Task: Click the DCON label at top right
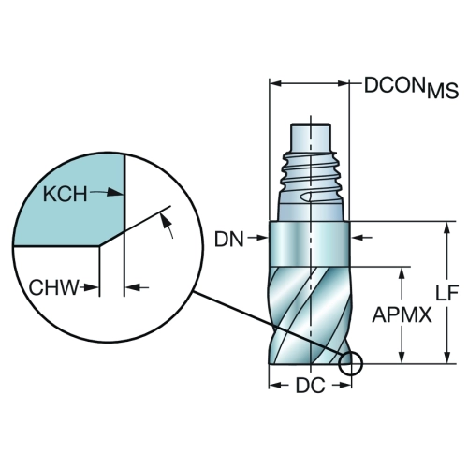(x=395, y=85)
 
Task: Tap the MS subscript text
(x=443, y=92)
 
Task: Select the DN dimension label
(x=228, y=240)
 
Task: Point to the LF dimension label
(x=446, y=293)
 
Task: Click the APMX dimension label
(x=402, y=314)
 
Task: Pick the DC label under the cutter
(x=311, y=386)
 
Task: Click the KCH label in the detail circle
(x=65, y=194)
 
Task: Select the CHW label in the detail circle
(x=53, y=287)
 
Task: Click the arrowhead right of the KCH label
(x=115, y=193)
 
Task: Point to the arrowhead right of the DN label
(x=261, y=238)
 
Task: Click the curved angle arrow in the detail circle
(x=167, y=224)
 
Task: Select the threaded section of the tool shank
(x=310, y=171)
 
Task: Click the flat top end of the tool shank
(x=311, y=124)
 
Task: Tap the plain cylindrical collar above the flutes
(x=310, y=243)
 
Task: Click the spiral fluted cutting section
(x=310, y=315)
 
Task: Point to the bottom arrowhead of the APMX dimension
(x=402, y=357)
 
